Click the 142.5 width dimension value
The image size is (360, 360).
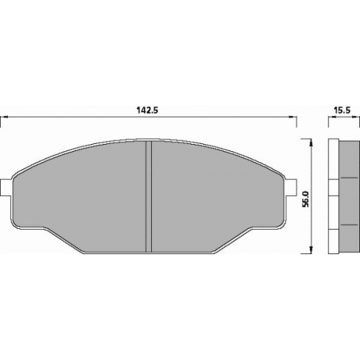[148, 110]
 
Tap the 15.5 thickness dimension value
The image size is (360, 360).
[342, 110]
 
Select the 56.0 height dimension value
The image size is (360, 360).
[306, 199]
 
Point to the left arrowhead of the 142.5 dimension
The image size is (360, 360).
[5, 117]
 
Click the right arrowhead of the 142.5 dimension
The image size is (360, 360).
[292, 117]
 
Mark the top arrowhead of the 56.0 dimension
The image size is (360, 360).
[311, 143]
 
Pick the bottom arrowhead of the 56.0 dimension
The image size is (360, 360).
[311, 249]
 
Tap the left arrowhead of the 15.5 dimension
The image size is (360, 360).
[332, 117]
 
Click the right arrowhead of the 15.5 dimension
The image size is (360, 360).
[356, 117]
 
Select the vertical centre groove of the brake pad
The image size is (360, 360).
[149, 197]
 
